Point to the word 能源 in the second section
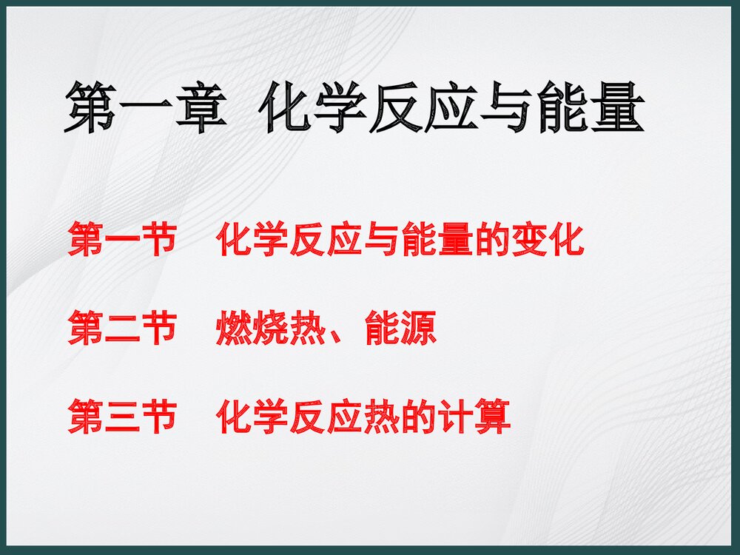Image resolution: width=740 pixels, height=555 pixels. [x=400, y=329]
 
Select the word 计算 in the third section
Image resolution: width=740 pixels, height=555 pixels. [x=474, y=417]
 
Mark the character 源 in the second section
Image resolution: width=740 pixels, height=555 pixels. [x=419, y=329]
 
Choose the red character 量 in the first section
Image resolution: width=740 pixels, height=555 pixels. [x=456, y=241]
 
